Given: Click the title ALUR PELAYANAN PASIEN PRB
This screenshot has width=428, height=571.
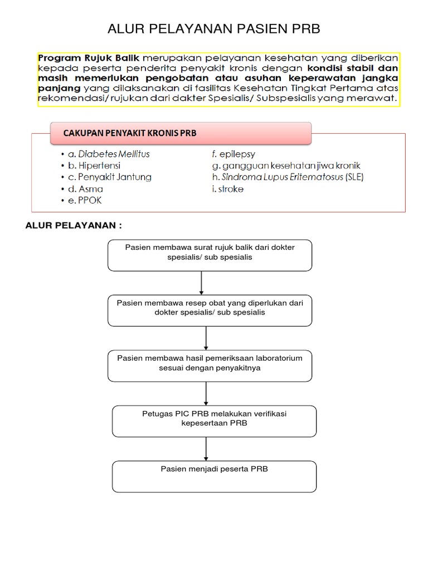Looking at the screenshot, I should pyautogui.click(x=213, y=29).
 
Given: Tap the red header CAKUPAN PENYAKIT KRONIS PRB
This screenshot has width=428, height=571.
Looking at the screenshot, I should pyautogui.click(x=130, y=133).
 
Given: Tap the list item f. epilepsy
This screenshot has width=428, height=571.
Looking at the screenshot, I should pyautogui.click(x=230, y=154).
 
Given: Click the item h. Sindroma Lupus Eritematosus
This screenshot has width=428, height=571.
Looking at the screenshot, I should pyautogui.click(x=284, y=177).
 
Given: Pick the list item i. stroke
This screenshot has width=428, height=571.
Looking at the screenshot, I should pyautogui.click(x=224, y=189).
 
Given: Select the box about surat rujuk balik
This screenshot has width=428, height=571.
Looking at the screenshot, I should pyautogui.click(x=210, y=255).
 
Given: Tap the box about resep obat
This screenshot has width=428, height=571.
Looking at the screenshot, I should pyautogui.click(x=210, y=310).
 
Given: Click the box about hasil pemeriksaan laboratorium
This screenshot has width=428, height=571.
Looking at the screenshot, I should pyautogui.click(x=210, y=365).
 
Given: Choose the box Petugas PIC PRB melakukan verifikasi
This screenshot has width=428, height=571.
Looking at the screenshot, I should pyautogui.click(x=214, y=420).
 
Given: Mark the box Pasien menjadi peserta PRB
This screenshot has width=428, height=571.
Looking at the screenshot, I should pyautogui.click(x=214, y=476).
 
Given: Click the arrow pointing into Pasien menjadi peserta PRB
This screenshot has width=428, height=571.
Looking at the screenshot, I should pyautogui.click(x=206, y=448).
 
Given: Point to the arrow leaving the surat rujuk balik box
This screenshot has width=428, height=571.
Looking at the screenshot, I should pyautogui.click(x=201, y=283).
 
